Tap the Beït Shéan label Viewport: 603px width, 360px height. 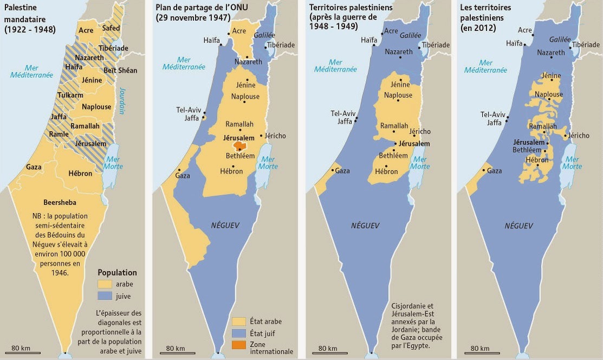tap(121, 70)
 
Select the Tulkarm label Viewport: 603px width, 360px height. tap(70, 96)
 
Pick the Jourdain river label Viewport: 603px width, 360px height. tap(122, 101)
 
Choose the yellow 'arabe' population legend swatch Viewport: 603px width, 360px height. tap(105, 284)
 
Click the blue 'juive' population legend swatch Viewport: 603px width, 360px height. tap(105, 296)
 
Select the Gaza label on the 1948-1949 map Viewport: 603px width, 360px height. tap(342, 171)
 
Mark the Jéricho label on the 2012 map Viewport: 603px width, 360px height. tap(578, 136)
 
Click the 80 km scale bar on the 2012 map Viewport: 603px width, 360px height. tap(480, 352)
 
